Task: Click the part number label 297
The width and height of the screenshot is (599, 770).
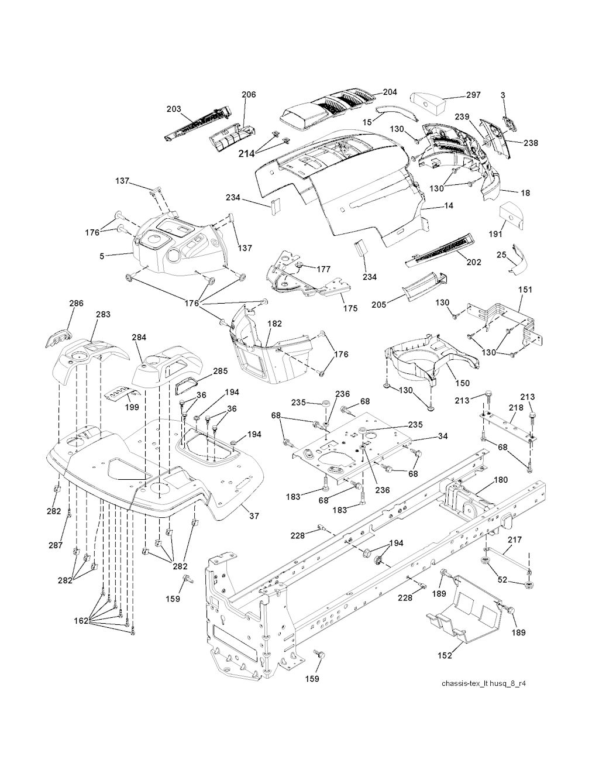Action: (474, 95)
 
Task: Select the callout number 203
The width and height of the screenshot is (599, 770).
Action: (174, 109)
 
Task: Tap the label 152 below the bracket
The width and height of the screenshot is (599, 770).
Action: (445, 656)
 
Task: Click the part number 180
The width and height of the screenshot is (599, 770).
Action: (484, 480)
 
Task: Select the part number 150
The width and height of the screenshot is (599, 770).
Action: (462, 383)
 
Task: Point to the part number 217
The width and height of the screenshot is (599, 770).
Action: (515, 540)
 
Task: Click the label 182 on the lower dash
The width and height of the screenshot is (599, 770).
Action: (274, 323)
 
